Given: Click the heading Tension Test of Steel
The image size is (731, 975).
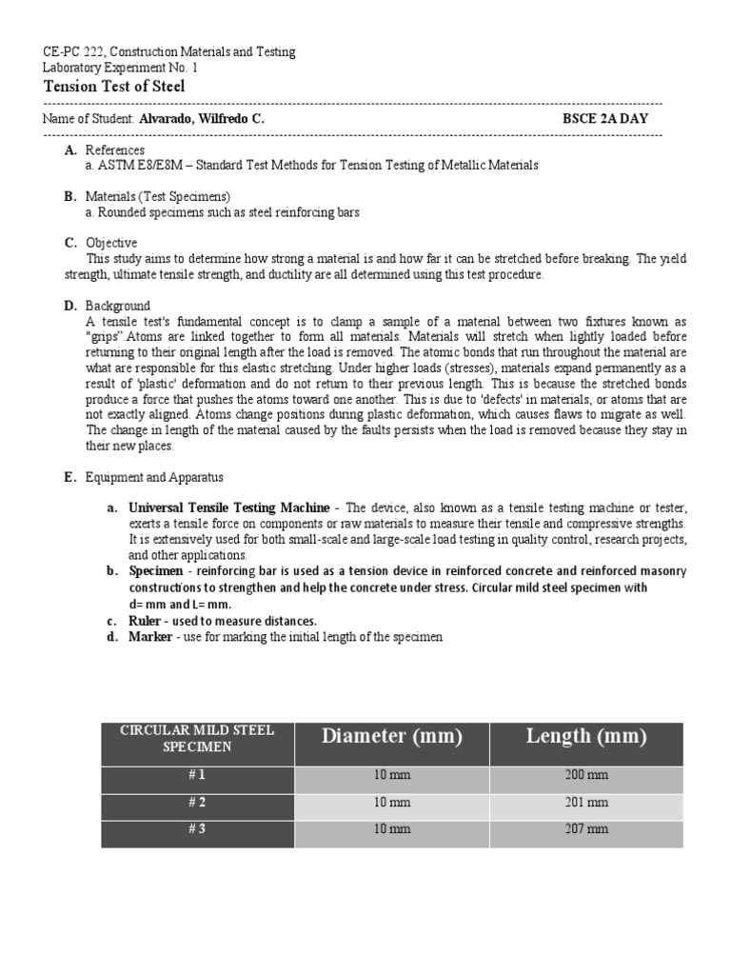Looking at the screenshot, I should (x=114, y=87).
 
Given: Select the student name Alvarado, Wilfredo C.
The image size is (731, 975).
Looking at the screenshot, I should (x=201, y=119).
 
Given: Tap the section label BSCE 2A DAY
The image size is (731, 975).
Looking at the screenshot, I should (x=606, y=119).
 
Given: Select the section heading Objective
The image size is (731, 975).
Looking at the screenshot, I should (x=111, y=243).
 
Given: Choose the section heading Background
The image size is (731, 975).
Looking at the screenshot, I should (x=117, y=306).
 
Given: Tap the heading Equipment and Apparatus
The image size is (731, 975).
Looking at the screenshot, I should (x=154, y=477).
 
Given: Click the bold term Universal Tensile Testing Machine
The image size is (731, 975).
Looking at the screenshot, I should (x=229, y=507).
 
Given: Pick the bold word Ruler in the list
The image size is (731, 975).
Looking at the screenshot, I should (x=146, y=621).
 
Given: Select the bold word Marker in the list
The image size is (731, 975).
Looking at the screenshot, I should (x=150, y=636).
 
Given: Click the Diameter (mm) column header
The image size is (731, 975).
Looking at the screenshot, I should (x=391, y=736).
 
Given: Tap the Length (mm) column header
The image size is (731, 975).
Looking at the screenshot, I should (x=586, y=736).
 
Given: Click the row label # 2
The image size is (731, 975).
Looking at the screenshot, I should (x=197, y=802).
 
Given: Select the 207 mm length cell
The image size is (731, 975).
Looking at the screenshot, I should (x=586, y=829).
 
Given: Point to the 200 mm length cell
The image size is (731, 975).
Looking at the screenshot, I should (x=586, y=775).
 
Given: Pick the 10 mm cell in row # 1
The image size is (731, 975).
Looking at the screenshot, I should (x=392, y=775).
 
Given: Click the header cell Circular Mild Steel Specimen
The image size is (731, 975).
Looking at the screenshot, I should (x=197, y=738).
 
